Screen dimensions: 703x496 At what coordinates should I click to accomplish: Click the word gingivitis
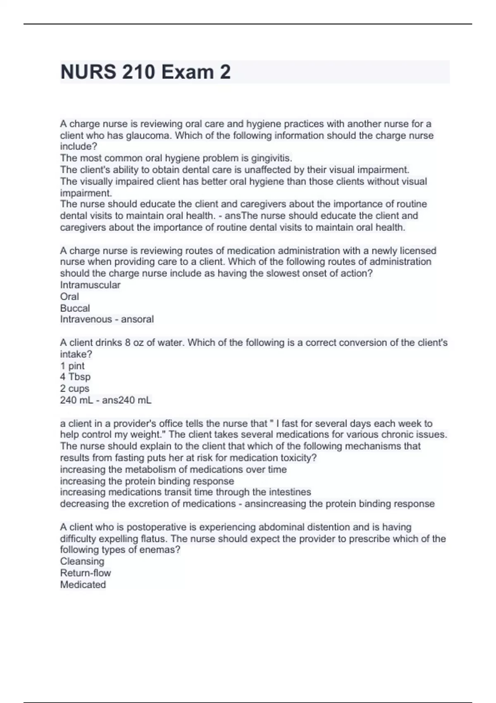271,158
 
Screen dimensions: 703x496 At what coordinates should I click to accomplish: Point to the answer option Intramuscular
90,285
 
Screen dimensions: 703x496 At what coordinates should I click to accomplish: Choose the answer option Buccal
75,308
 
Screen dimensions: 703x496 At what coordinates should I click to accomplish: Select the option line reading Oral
69,297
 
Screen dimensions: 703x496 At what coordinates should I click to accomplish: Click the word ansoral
137,319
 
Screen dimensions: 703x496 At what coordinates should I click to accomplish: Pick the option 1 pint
72,366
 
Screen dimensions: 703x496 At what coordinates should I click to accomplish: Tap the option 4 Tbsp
75,377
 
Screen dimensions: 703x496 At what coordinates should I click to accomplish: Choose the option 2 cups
75,388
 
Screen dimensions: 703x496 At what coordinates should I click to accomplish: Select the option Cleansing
82,561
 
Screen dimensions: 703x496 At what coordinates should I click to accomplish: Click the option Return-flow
86,573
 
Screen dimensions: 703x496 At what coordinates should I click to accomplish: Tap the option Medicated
83,584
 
